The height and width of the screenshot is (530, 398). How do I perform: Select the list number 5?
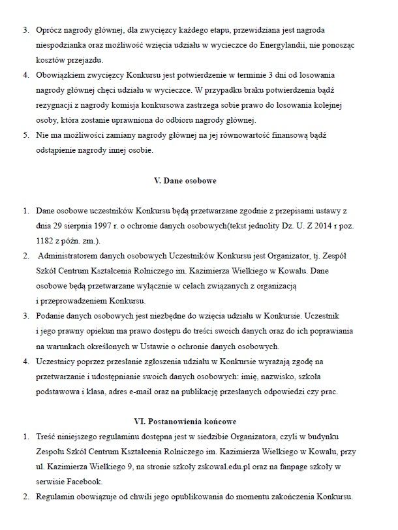tap(26, 136)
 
